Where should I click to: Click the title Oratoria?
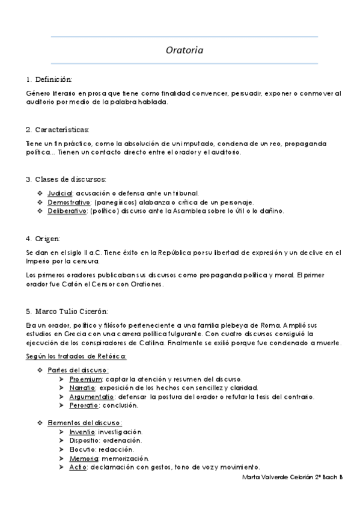[185, 51]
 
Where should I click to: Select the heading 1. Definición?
[49, 79]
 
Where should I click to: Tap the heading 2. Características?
[57, 129]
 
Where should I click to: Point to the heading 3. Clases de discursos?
[66, 179]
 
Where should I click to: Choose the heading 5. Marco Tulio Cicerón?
[67, 311]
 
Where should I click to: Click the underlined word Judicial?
[60, 193]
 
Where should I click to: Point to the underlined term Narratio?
[82, 388]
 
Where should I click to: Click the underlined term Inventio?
[82, 432]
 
